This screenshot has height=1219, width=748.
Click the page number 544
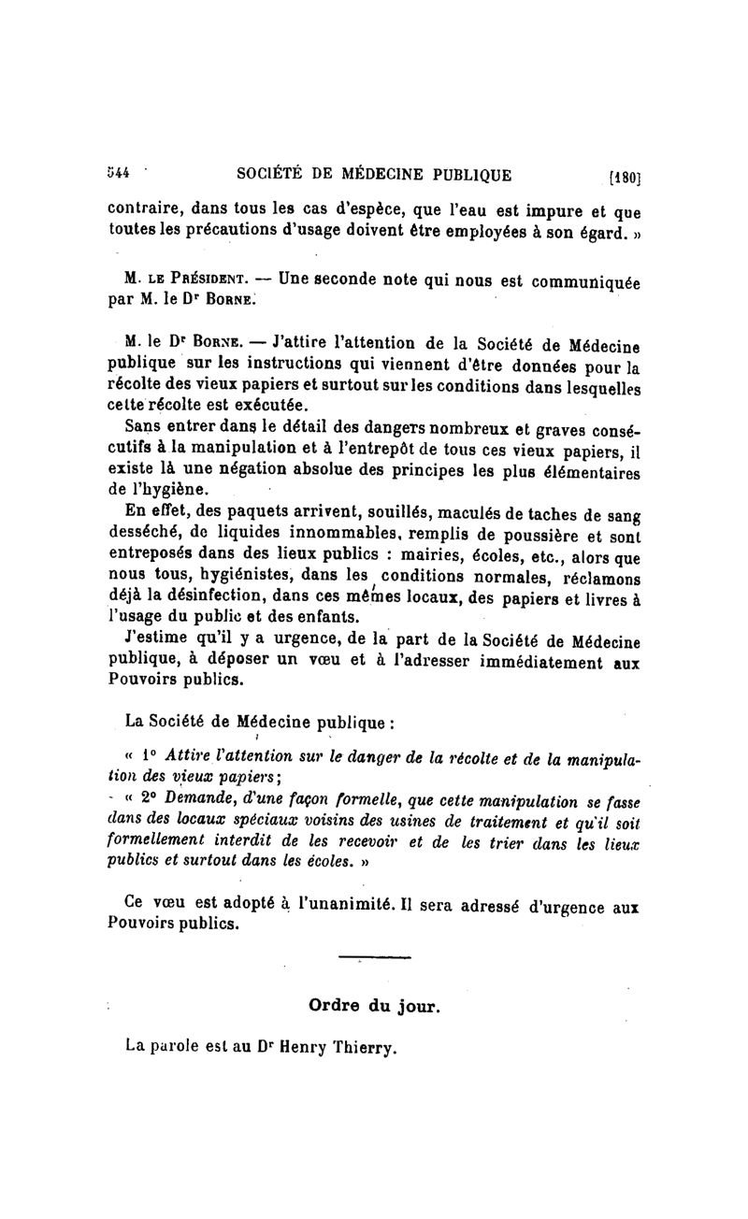click(118, 174)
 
